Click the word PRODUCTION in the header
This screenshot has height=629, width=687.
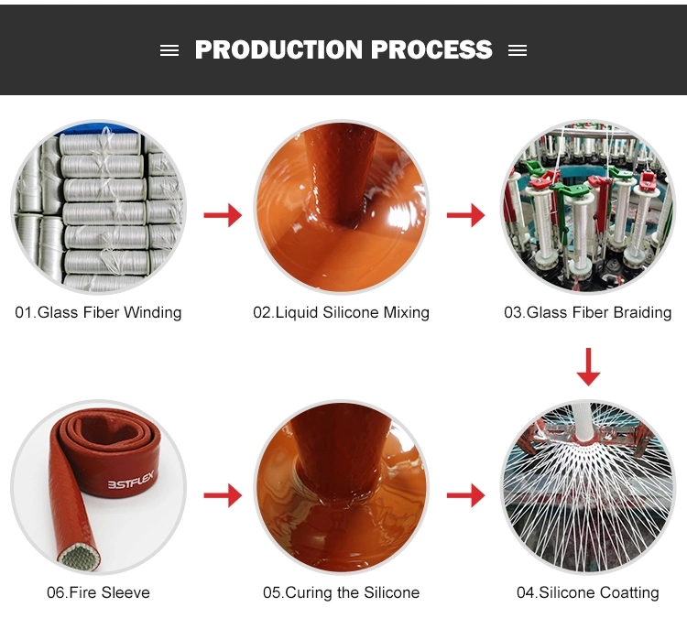[278, 49]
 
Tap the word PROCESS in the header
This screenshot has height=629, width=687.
[431, 49]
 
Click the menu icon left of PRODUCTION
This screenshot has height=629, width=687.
[169, 50]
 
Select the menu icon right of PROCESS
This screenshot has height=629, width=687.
[518, 50]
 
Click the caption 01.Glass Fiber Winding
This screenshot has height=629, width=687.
[98, 312]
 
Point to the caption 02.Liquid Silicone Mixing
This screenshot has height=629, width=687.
[341, 312]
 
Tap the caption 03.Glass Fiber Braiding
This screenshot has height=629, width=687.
[587, 312]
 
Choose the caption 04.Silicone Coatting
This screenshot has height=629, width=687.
[587, 592]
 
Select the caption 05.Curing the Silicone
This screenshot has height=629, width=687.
[341, 592]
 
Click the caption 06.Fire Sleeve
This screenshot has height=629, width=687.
[98, 592]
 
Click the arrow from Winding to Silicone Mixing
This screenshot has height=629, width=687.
[223, 215]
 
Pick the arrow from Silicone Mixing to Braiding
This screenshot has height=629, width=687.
[465, 215]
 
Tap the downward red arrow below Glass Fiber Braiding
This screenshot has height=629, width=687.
[588, 367]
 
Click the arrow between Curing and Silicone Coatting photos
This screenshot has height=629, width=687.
[465, 495]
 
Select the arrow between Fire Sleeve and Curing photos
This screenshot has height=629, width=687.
[223, 495]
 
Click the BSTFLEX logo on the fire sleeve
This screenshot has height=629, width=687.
[131, 480]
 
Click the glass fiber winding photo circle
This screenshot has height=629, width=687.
[99, 207]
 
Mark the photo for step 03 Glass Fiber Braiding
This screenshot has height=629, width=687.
[588, 207]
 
